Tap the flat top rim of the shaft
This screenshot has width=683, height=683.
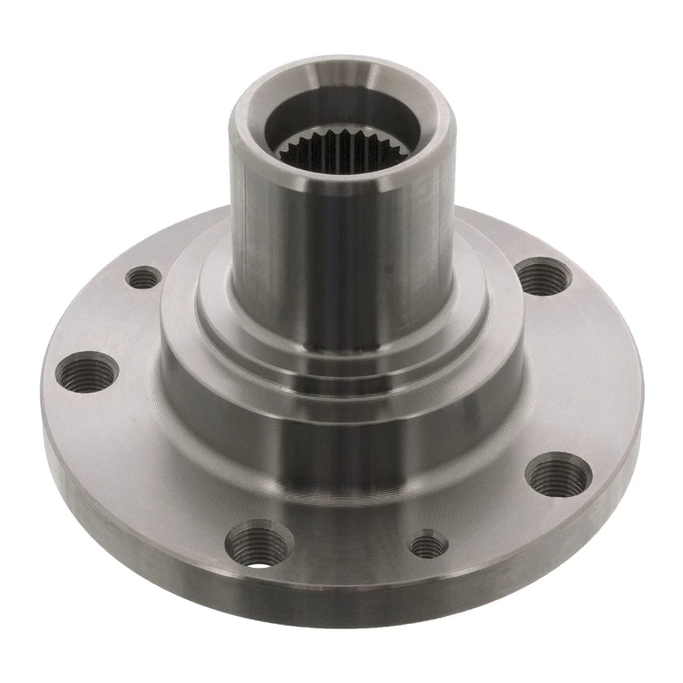pyautogui.click(x=341, y=73)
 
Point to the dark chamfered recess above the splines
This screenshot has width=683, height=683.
pyautogui.click(x=341, y=111)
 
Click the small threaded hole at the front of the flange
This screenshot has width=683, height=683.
pyautogui.click(x=428, y=544)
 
